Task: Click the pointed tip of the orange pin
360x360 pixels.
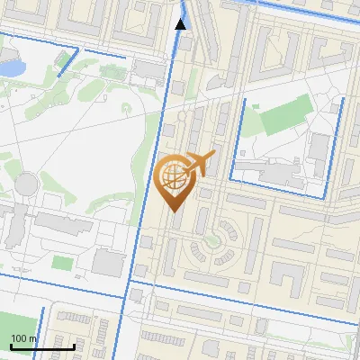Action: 174,211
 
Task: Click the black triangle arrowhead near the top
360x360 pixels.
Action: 181,24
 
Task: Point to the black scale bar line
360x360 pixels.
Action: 41,346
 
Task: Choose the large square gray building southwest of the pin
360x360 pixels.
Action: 109,263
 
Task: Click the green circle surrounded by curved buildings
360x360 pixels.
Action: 212,241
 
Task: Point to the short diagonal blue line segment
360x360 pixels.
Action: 67,64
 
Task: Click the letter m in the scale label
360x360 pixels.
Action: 32,338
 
